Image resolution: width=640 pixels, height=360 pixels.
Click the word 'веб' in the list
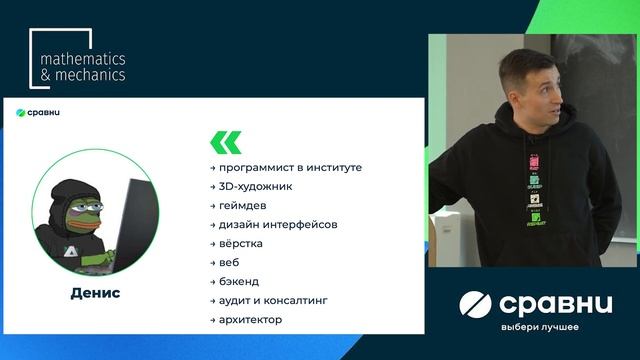[x=229, y=262]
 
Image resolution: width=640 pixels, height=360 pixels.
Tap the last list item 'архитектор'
[x=250, y=319]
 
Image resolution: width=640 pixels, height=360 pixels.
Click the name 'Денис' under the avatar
[x=96, y=293]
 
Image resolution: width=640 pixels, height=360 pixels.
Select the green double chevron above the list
[x=225, y=141]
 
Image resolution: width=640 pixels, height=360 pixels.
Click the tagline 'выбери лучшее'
[x=540, y=327]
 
